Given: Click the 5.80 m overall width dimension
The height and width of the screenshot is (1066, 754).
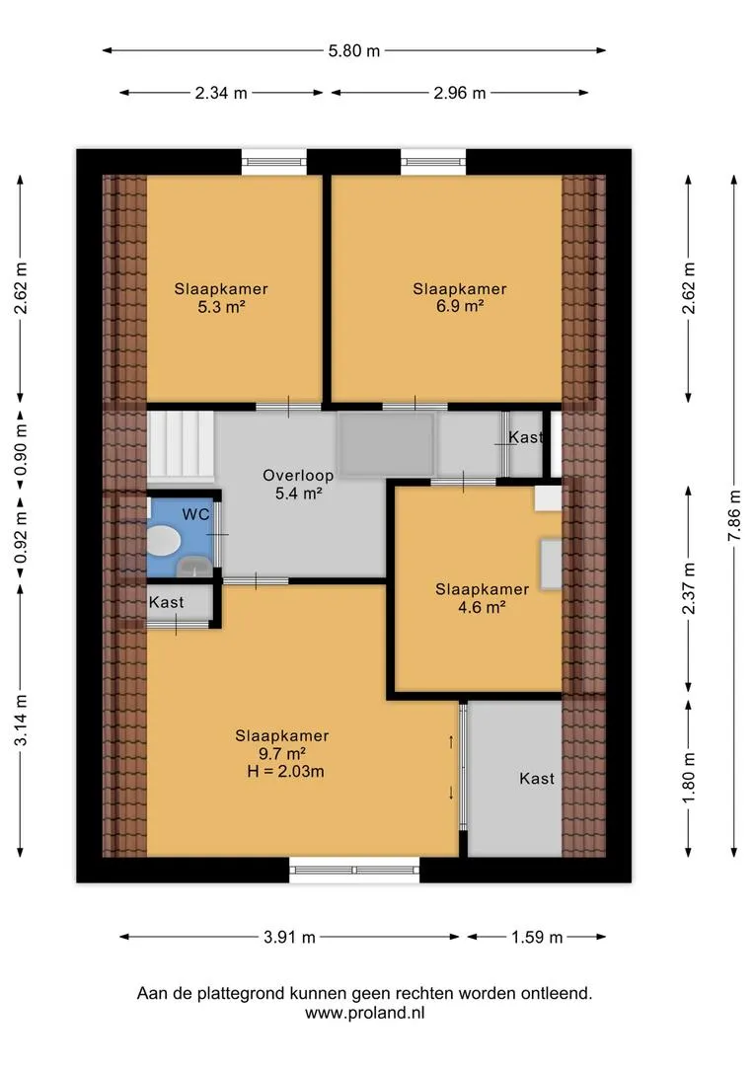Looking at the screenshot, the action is pos(354,51).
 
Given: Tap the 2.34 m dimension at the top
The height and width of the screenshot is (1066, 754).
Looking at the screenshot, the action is pos(221,93).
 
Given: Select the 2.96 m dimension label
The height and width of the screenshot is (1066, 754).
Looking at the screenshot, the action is pos(460,93).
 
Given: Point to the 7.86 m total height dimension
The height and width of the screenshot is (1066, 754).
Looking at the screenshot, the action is pos(735,515).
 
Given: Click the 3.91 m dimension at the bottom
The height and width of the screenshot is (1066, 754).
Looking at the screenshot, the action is pos(289,938).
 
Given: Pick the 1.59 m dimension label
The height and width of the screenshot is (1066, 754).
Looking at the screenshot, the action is pos(537,938).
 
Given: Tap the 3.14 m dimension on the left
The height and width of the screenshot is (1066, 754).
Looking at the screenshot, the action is pos(21,720).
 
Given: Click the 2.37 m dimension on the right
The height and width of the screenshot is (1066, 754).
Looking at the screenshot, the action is pos(689,588).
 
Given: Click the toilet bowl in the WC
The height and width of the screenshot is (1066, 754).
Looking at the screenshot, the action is pos(163,541).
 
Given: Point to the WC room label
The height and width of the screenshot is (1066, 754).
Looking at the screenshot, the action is pos(195,514).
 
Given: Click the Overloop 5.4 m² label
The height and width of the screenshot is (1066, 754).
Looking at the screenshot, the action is pos(298,484).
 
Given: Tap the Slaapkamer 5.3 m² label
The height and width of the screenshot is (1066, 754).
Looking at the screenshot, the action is pos(221,298).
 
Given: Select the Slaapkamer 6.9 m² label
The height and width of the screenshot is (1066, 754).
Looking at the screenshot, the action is pos(460,298).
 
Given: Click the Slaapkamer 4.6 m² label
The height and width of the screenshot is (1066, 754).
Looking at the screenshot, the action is pos(482,598).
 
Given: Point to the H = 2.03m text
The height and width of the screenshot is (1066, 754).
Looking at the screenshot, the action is pos(285,772).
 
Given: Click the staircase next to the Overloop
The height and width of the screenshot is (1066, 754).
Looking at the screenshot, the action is pos(181,444).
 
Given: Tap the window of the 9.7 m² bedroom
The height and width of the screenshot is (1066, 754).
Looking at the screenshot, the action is pos(354,870).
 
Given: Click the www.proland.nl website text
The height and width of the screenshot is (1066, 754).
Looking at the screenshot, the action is pos(364,1013).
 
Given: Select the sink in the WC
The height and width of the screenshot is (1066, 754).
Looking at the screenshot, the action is pos(193,566).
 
